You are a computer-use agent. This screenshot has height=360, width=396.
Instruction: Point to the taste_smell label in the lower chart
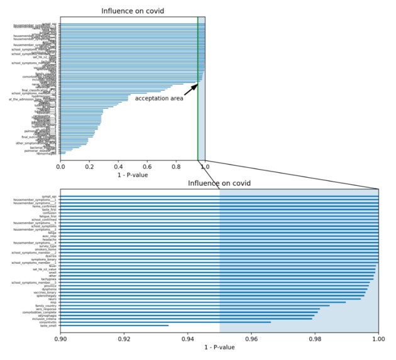coord(49,325)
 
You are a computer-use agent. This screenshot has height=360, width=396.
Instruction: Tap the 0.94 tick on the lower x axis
coord(188,337)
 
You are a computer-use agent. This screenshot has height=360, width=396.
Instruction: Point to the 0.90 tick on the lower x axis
coord(61,337)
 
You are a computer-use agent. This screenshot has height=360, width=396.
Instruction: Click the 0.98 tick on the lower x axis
coord(315,337)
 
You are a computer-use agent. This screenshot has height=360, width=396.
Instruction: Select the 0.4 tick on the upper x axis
coord(118,167)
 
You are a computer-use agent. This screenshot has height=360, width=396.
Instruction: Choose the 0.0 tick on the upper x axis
coord(61,167)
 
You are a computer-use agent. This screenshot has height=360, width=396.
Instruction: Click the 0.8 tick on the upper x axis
coord(176,167)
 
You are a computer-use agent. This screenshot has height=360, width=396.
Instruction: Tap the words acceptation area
coord(159,99)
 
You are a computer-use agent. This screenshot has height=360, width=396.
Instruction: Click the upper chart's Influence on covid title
coord(133,11)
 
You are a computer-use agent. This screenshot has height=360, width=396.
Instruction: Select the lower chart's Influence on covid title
coord(219,183)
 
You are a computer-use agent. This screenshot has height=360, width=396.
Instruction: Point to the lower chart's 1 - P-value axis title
coord(219,347)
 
